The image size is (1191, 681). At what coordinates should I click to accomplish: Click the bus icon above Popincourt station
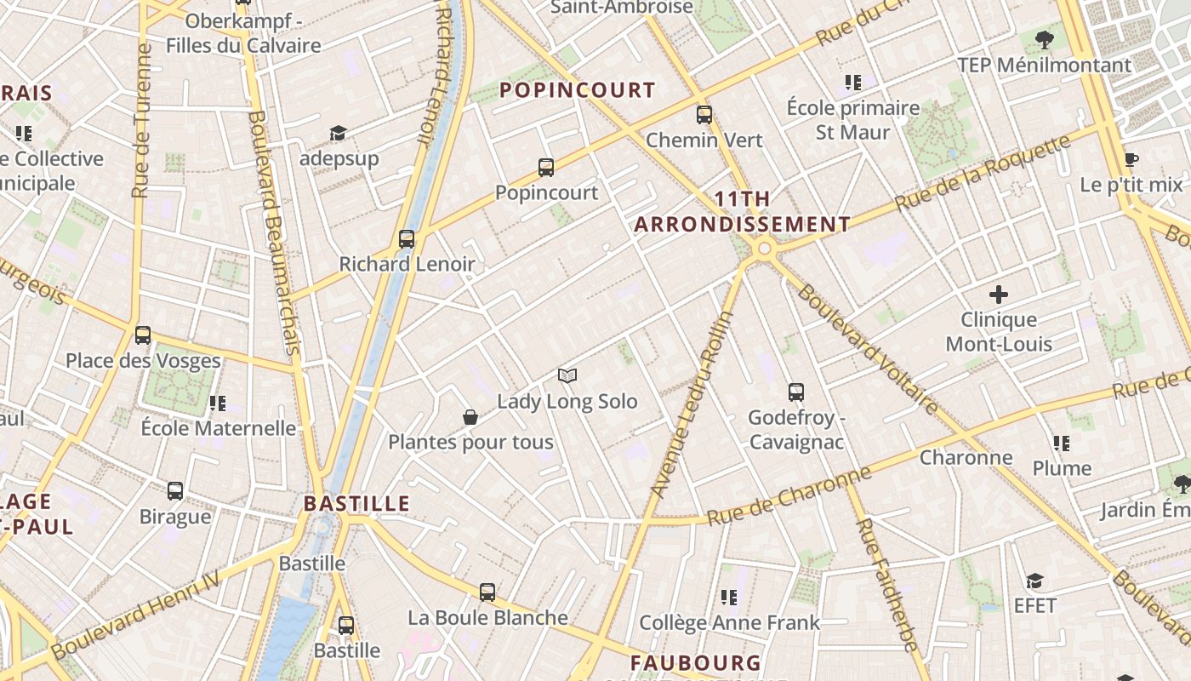546,168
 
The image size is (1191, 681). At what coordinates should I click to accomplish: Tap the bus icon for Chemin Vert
704,115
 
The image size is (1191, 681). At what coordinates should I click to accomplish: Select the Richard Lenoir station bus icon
407,239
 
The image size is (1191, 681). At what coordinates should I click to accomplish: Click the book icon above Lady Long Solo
567,375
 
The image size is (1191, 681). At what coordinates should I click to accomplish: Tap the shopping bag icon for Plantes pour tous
470,417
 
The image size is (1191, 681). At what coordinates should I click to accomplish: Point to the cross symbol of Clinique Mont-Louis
999,295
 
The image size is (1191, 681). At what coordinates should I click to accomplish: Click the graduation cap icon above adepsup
339,133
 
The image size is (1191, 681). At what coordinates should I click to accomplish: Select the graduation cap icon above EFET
1034,581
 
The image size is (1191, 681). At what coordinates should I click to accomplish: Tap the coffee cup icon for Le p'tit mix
1131,159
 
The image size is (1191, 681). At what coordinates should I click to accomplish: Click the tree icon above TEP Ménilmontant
1044,39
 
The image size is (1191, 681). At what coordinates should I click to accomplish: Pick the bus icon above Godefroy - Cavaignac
796,392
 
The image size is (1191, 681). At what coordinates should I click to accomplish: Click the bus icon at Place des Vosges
143,335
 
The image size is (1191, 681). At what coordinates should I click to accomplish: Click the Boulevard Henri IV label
136,615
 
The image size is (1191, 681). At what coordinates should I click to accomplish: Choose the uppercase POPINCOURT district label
578,90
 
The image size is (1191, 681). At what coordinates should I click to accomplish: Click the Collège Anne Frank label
730,623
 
